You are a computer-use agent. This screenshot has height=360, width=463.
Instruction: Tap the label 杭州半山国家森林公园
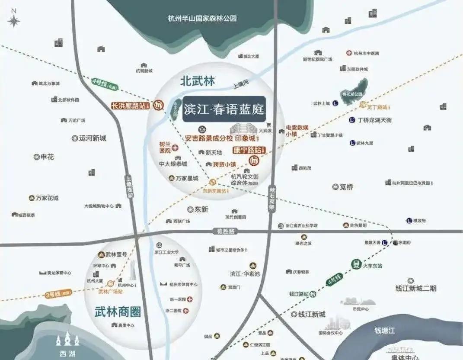pyautogui.click(x=202, y=19)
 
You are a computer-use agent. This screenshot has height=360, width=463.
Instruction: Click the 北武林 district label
pyautogui.click(x=198, y=81)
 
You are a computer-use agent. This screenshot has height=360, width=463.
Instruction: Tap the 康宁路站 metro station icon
pyautogui.click(x=254, y=161)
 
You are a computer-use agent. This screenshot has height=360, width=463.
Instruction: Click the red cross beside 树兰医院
pyautogui.click(x=176, y=148)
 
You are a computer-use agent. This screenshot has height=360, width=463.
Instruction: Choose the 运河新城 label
pyautogui.click(x=92, y=138)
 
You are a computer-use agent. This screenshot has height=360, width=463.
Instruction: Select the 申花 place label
pyautogui.click(x=47, y=157)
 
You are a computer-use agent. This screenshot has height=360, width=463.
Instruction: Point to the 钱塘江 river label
pyautogui.click(x=385, y=331)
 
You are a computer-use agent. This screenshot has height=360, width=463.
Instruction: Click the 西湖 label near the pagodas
pyautogui.click(x=68, y=354)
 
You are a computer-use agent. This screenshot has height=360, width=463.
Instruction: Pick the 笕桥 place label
pyautogui.click(x=346, y=187)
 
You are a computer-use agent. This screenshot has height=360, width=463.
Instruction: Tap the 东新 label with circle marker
pyautogui.click(x=201, y=209)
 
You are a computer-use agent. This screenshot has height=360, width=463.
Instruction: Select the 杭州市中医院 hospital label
pyautogui.click(x=366, y=53)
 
